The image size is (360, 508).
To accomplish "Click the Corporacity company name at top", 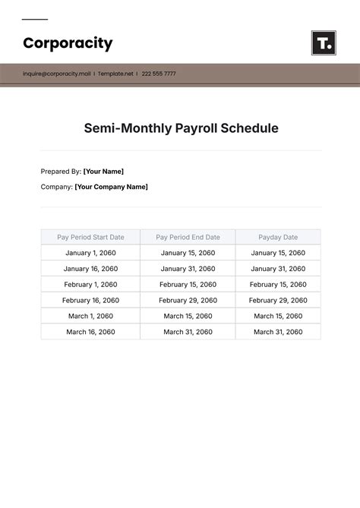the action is coord(68,43).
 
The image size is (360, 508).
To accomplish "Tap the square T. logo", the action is coord(324,43).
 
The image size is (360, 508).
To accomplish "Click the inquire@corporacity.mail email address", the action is coord(56,74).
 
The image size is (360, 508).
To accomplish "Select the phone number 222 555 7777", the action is coord(159,74).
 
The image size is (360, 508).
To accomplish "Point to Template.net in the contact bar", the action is coord(116,74).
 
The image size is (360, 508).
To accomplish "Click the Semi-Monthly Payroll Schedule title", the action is coord(181,128).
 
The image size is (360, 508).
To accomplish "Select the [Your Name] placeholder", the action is coord(103,171).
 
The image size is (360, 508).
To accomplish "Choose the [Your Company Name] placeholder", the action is coord(112,186).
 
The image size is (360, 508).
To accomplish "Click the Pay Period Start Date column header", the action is coord(90,237).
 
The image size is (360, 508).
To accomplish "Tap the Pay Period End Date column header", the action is coord(188,237).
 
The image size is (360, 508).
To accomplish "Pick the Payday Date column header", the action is coord(278,237).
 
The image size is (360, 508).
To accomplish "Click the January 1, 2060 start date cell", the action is coord(90,253).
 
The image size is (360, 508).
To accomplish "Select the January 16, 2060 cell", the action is coord(90,269).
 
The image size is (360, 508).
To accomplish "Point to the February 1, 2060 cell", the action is coord(90,285).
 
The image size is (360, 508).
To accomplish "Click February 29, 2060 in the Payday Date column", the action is coord(278,301).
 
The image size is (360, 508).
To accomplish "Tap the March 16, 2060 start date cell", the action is coord(90,332).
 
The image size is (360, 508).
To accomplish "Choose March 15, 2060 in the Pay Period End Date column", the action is coord(188,316).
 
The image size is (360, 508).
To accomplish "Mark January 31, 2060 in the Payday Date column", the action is coord(278,269).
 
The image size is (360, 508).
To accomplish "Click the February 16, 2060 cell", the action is coord(90,301).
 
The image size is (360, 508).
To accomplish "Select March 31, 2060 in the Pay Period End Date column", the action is coord(188,332).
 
